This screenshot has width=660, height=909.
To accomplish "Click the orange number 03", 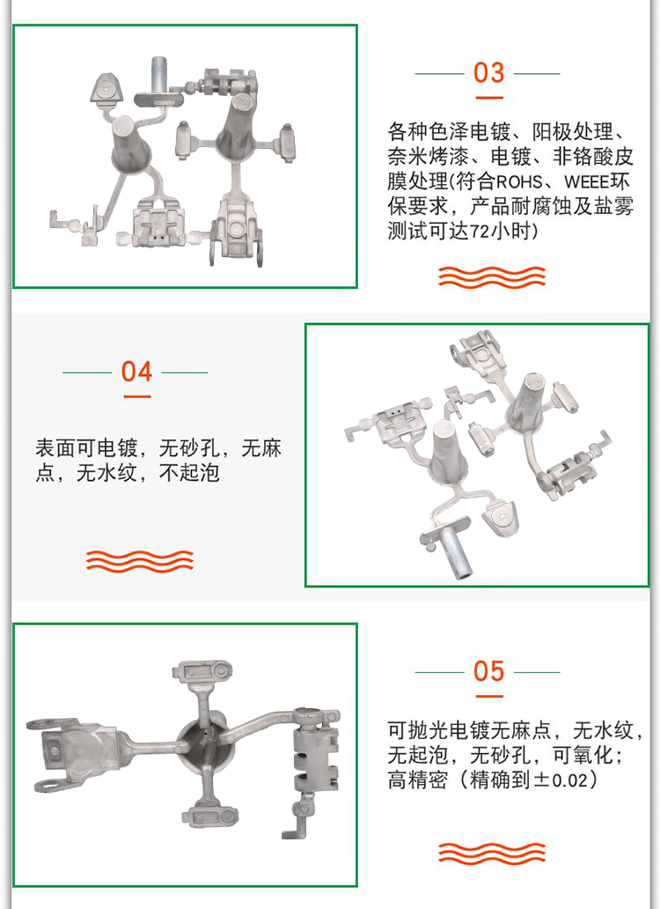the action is click(488, 73).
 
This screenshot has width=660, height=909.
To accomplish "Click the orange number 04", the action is click(136, 372).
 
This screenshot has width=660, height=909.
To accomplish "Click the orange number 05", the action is click(488, 671).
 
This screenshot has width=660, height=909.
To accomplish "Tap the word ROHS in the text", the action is click(518, 182).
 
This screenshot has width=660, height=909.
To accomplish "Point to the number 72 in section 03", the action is click(480, 232).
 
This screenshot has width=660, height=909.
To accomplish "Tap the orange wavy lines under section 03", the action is click(492, 277).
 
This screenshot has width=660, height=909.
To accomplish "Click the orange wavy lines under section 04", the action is click(140, 561).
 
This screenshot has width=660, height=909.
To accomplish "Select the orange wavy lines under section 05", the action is click(492, 854).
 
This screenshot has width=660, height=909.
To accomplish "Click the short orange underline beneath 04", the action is click(136, 397).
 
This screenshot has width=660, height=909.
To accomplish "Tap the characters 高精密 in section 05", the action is click(418, 780).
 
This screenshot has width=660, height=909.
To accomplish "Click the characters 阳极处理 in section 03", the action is click(572, 132).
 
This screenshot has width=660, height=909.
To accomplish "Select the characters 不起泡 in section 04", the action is click(189, 473).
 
